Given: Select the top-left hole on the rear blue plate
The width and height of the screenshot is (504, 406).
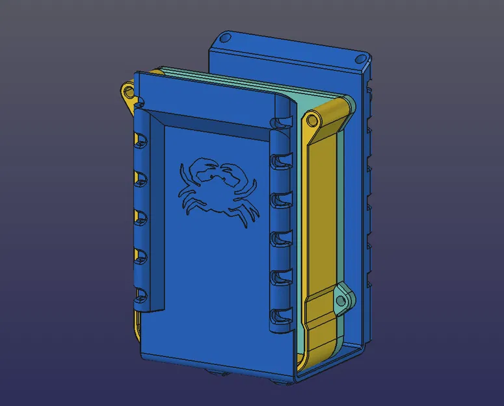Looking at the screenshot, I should point(225,40).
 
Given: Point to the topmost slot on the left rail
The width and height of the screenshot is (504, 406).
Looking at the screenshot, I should point(138,138).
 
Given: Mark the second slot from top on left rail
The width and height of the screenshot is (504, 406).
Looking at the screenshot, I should point(138,176).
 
